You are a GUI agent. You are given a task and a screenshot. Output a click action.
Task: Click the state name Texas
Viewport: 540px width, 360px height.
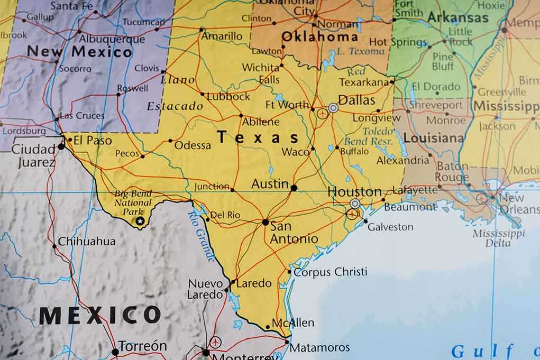259,137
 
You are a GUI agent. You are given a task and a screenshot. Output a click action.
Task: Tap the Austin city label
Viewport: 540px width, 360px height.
270,184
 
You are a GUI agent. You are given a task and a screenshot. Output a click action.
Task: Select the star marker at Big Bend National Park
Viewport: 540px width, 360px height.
140,221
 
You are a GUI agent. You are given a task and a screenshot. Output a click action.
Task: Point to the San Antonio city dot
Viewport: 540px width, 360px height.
266,222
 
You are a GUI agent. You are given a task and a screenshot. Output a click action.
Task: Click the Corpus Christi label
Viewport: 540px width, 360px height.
330,272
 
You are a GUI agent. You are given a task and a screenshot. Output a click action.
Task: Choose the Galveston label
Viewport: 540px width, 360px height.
390,227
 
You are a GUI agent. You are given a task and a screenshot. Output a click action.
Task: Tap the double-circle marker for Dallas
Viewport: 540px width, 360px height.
333,108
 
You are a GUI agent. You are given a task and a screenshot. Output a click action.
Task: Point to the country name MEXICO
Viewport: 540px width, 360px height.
99,316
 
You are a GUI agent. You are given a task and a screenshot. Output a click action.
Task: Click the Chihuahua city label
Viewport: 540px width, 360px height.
87,242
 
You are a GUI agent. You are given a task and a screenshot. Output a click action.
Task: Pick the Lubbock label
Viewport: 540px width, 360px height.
228,97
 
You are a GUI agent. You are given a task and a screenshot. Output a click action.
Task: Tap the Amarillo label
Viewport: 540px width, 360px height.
222,36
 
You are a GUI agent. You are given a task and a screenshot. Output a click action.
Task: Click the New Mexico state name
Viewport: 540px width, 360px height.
79,52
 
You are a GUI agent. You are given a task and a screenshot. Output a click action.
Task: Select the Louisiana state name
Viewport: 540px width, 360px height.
434,139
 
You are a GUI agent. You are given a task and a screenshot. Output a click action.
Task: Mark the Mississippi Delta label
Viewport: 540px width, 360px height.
498,238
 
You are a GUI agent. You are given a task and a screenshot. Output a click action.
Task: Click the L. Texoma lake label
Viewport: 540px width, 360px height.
361,51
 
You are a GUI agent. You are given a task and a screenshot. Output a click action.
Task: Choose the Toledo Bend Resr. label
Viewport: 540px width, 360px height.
368,136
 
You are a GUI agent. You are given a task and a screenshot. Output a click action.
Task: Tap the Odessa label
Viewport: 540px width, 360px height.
193,145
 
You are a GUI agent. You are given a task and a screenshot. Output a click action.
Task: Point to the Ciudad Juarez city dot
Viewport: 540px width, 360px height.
61,146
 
